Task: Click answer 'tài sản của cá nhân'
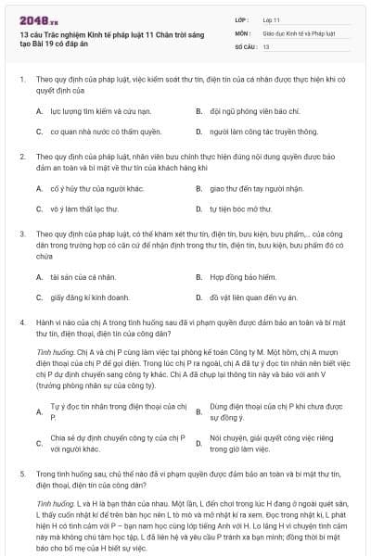(x=76, y=276)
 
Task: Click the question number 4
(x=23, y=320)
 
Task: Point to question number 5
(x=23, y=474)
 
